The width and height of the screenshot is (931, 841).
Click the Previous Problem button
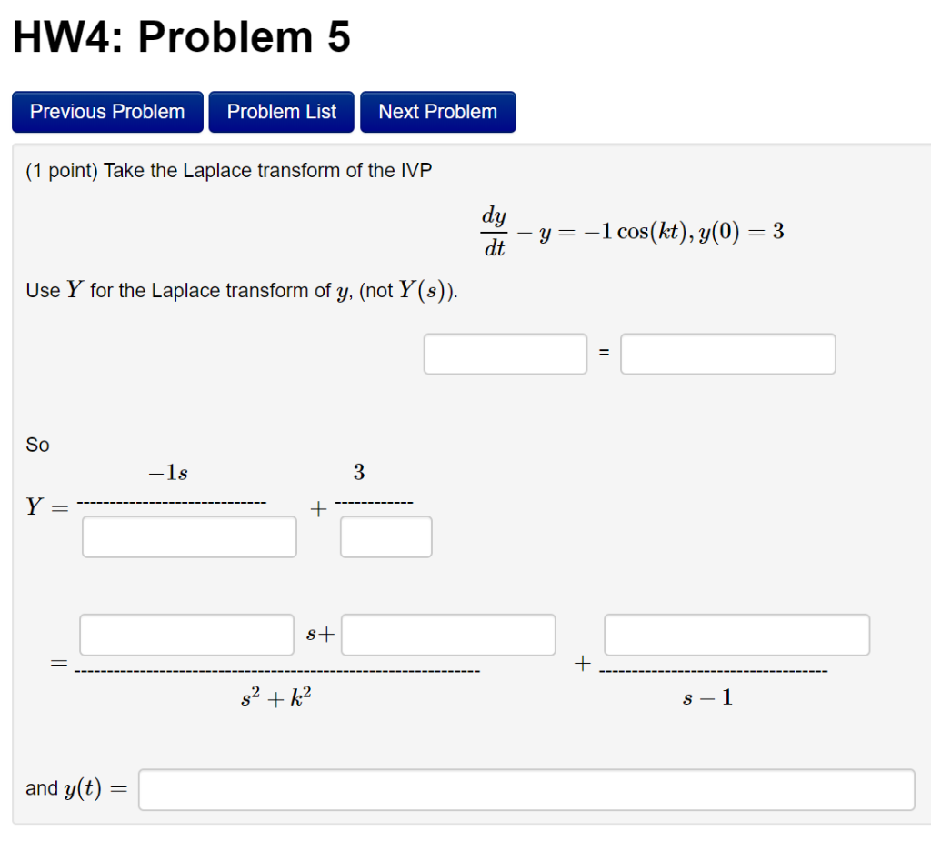[x=107, y=112]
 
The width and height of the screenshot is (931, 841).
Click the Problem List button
[x=282, y=112]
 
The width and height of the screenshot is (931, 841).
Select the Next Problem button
[x=438, y=112]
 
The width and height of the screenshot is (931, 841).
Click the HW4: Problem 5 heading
[x=182, y=38]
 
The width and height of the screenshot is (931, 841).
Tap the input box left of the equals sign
[x=506, y=354]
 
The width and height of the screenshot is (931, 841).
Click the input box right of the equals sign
[x=728, y=354]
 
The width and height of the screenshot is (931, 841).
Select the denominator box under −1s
[x=189, y=536]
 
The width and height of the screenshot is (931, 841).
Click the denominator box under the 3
[x=386, y=536]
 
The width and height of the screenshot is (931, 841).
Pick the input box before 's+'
[x=187, y=635]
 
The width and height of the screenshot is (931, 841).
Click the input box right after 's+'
[x=448, y=635]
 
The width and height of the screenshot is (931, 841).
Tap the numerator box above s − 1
[x=736, y=635]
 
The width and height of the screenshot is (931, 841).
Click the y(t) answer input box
[x=526, y=789]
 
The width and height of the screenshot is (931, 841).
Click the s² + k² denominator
[x=276, y=698]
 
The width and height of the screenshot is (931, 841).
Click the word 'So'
[x=37, y=445]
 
